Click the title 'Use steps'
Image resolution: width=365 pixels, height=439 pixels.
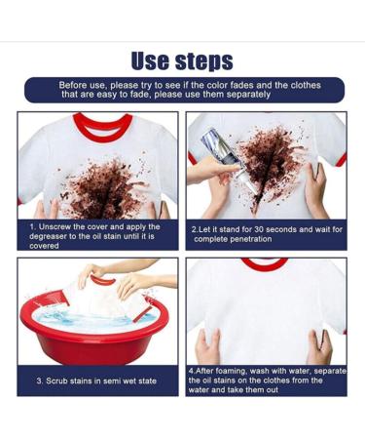(183, 61)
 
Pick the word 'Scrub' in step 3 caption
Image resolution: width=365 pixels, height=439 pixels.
(57, 380)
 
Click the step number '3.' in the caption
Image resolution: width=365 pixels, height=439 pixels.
(39, 380)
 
